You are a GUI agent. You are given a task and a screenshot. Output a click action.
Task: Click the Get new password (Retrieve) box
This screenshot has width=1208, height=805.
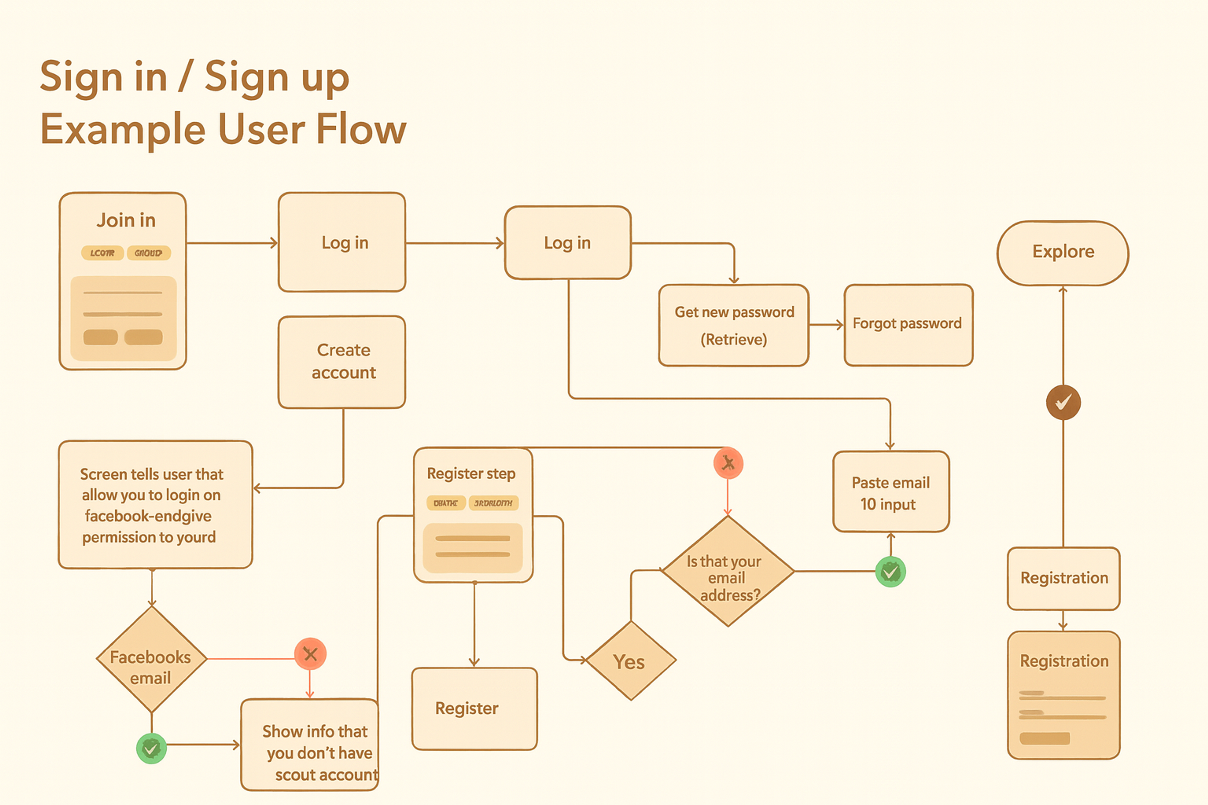point(733,325)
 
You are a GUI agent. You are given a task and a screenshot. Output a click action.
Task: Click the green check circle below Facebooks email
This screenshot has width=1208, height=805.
point(151,748)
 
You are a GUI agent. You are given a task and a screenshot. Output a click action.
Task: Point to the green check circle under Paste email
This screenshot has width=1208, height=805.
point(890,571)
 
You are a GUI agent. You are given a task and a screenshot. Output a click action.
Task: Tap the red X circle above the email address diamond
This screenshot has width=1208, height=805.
point(728,463)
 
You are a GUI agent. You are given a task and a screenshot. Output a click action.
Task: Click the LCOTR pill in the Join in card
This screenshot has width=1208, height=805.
point(102,253)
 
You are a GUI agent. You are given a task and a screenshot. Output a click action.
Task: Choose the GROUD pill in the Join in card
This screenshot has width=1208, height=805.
point(148,253)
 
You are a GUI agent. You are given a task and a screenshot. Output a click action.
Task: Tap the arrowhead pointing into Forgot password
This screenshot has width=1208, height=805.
point(840,325)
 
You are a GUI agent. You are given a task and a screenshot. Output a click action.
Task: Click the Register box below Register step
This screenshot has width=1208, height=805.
point(474,708)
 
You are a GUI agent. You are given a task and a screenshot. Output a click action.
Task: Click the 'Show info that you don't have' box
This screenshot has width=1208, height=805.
point(310,744)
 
